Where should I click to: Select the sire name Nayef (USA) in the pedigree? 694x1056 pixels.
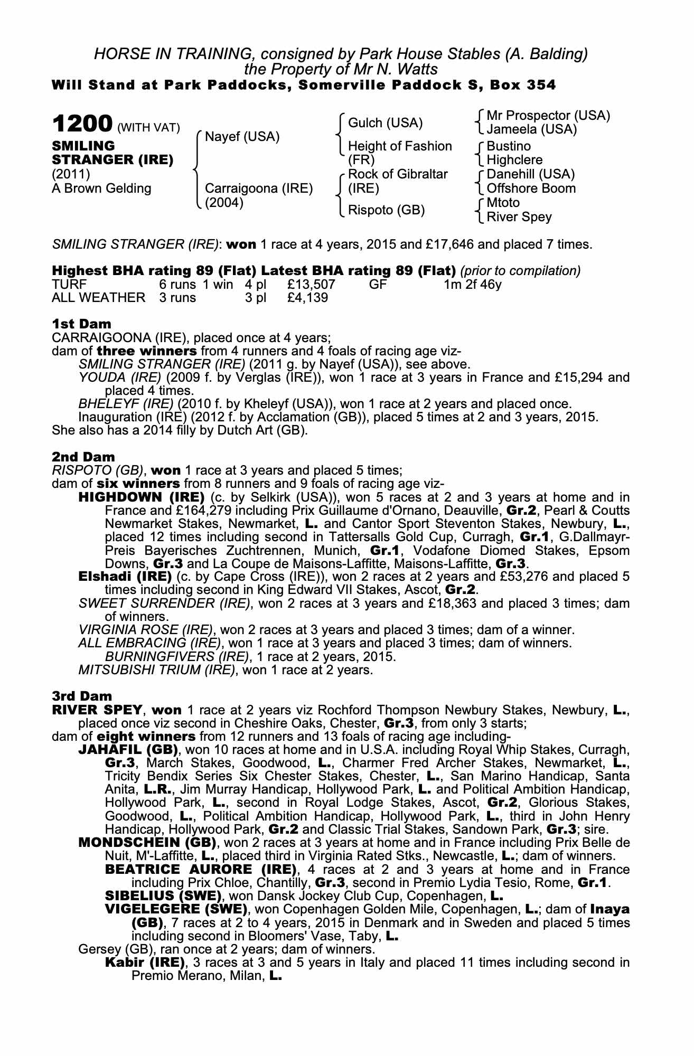(242, 137)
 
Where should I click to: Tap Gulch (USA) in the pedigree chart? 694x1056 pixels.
(386, 123)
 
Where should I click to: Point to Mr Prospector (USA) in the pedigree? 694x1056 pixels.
(548, 116)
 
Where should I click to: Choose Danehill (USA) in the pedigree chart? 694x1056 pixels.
(531, 174)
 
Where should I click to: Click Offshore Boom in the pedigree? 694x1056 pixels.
(531, 188)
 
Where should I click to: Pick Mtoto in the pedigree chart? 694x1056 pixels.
(503, 203)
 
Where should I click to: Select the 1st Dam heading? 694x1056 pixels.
(81, 324)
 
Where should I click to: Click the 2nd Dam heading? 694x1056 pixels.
(83, 456)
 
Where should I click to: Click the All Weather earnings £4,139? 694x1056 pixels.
(307, 298)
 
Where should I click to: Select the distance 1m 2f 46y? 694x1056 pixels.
(473, 285)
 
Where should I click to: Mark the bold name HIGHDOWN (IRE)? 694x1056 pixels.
(141, 497)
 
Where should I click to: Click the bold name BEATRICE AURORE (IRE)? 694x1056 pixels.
(200, 870)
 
